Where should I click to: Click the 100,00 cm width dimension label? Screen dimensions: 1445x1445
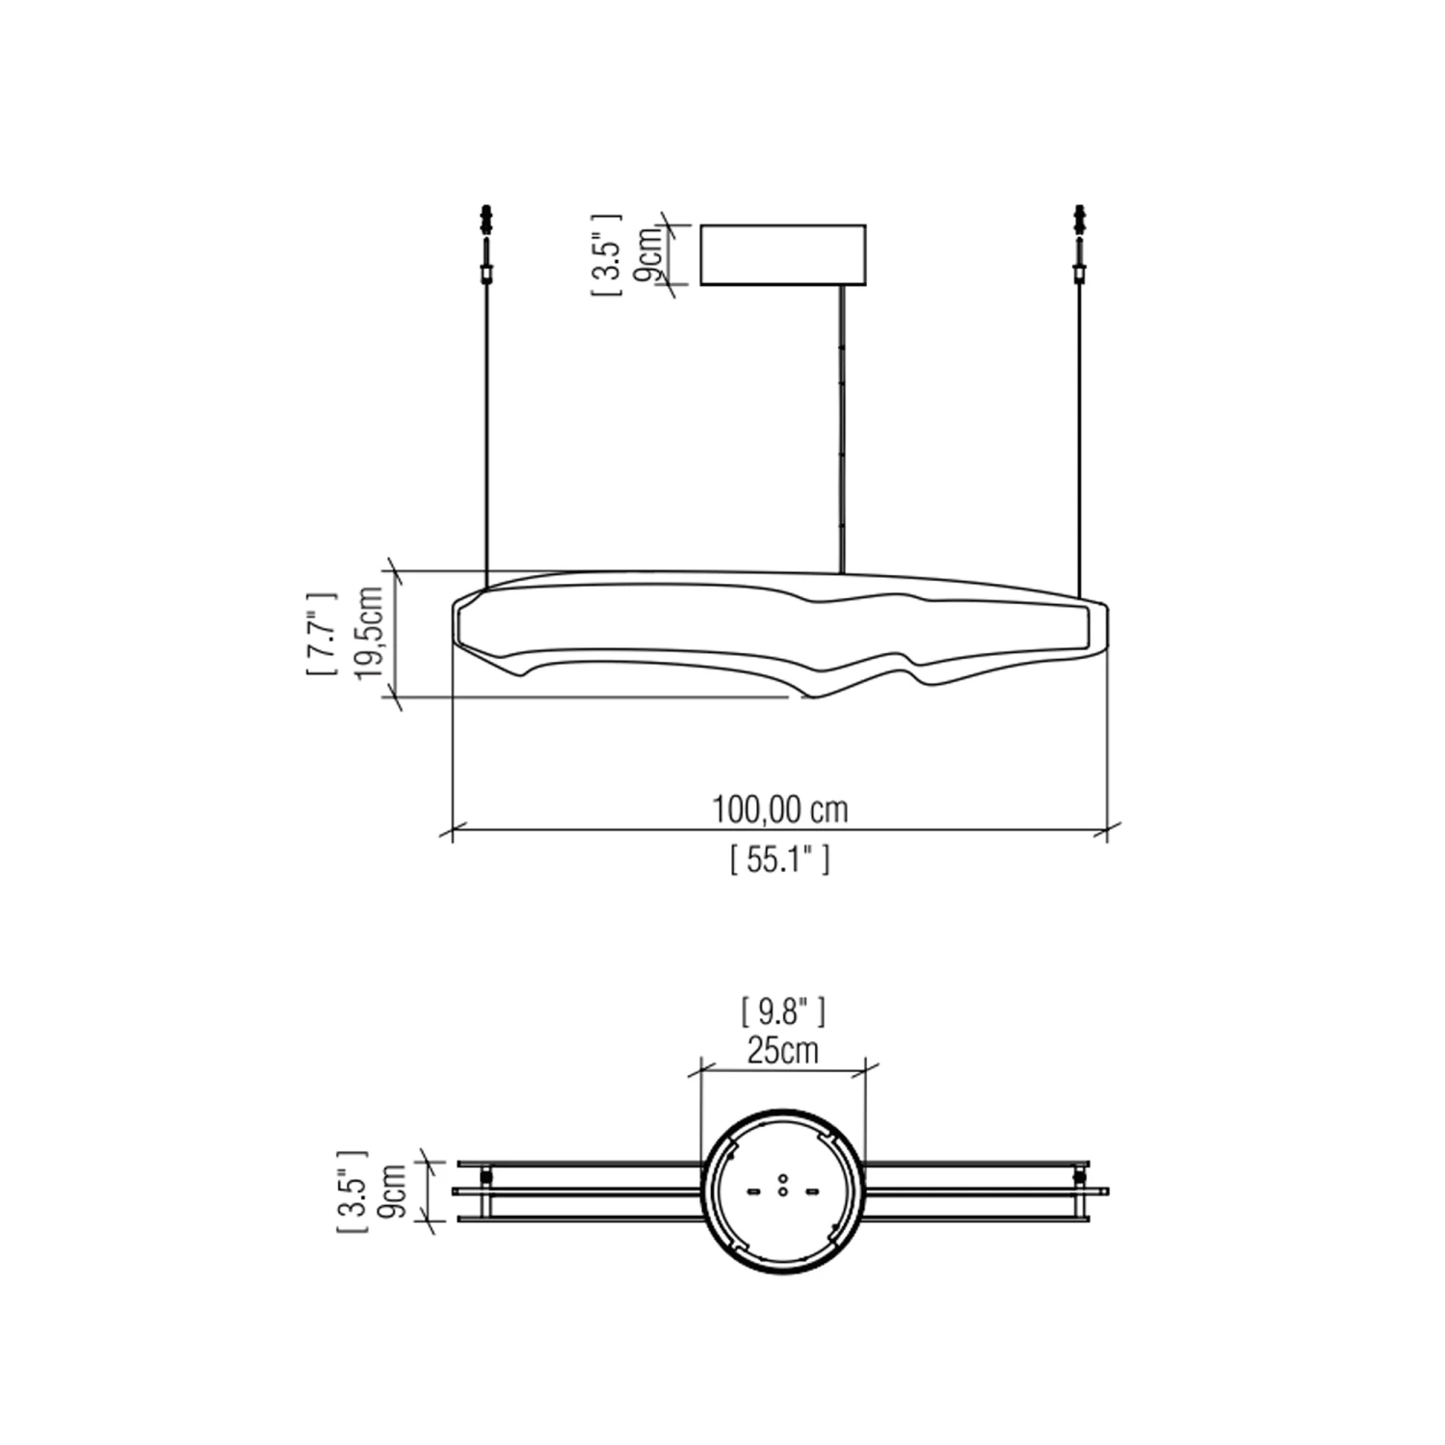click(779, 810)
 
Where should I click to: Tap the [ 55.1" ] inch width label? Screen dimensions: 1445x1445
click(779, 859)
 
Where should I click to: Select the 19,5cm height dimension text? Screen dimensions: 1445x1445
click(370, 633)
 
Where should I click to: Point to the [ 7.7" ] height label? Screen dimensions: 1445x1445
click(322, 633)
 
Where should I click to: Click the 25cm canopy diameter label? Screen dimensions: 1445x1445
click(782, 1050)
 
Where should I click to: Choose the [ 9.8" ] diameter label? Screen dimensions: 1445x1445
click(782, 1011)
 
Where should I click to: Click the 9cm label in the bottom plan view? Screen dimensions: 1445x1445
click(394, 1191)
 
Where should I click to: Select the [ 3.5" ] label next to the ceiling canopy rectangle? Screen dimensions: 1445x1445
click(608, 254)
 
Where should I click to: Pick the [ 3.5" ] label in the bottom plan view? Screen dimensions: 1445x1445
click(353, 1191)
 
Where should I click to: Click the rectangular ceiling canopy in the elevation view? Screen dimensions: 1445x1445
click(782, 255)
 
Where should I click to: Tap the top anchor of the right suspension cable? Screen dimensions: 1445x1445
click(1079, 218)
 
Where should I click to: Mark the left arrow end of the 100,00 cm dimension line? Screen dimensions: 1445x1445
click(453, 828)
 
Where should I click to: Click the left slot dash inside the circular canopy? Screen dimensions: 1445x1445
click(754, 1191)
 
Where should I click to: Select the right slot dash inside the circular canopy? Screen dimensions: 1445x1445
click(811, 1191)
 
